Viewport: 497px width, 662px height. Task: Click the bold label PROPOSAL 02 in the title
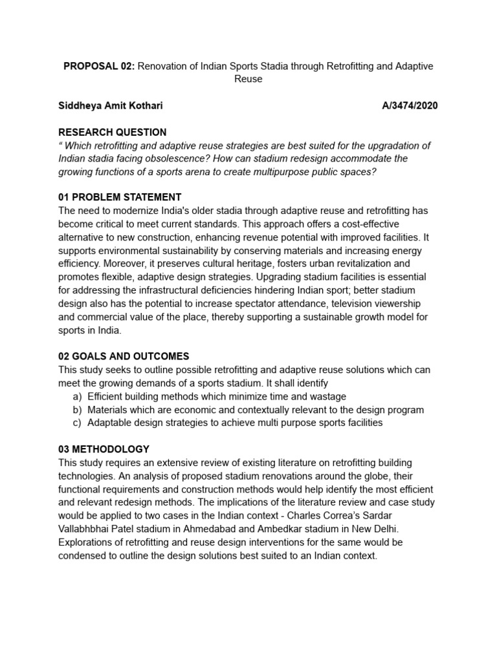[x=100, y=67]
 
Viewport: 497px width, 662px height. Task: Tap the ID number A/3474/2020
[x=410, y=106]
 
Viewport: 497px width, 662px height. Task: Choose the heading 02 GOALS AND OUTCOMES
[x=124, y=356]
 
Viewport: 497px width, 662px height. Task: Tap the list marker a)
[x=77, y=396]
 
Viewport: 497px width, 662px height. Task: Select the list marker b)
[x=77, y=410]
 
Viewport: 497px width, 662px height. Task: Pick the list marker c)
[x=77, y=423]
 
